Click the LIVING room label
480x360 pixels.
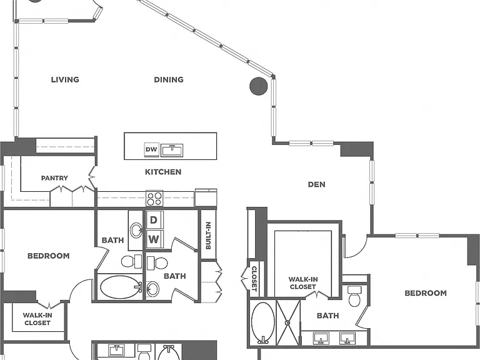[x=65, y=79]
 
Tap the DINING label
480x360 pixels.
[x=169, y=79]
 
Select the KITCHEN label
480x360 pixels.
[x=163, y=172]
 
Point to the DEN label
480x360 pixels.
[x=316, y=184]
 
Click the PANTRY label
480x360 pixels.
[x=54, y=178]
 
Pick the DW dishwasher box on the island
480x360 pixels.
[x=151, y=150]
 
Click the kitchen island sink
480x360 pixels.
[x=172, y=150]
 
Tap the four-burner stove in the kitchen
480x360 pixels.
[x=154, y=198]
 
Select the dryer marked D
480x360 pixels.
[x=154, y=220]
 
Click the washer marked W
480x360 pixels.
[x=154, y=239]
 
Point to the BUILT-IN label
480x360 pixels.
[x=208, y=235]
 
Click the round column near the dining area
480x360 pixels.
[x=259, y=86]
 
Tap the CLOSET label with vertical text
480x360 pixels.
[x=254, y=279]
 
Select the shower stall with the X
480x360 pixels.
[x=287, y=322]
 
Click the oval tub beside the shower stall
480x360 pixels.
[x=263, y=322]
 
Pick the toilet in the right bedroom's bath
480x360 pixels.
[x=355, y=296]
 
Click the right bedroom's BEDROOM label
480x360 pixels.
[x=426, y=293]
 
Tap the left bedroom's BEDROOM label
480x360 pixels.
[x=48, y=256]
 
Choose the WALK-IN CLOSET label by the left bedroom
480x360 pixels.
[x=37, y=319]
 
